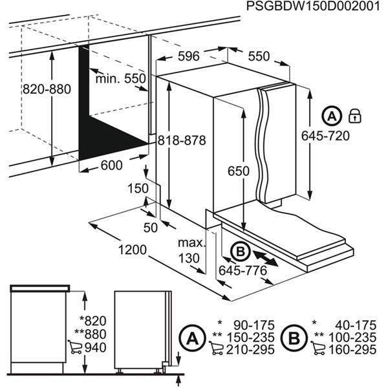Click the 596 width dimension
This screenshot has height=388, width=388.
point(188,56)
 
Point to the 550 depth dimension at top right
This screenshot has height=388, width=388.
point(258,56)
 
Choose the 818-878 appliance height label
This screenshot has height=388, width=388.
point(185,140)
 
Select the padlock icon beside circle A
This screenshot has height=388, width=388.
point(354,116)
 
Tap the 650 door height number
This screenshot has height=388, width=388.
point(238,171)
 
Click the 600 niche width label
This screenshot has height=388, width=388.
point(112,165)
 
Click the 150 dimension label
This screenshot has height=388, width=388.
point(133,188)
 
